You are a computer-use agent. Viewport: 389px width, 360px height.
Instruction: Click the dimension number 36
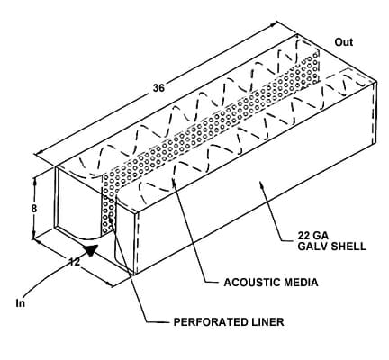coord(159,88)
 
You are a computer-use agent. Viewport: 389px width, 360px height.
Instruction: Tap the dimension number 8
coord(34,208)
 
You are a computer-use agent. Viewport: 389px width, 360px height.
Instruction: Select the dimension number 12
coord(75,262)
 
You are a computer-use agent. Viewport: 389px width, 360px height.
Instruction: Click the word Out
coord(344,42)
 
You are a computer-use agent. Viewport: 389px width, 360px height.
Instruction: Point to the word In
coord(21,303)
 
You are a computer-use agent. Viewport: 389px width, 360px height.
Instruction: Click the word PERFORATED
coord(208,322)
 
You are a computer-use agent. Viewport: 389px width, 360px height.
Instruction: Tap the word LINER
coord(265,322)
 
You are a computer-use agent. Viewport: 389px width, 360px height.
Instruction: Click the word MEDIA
coord(300,283)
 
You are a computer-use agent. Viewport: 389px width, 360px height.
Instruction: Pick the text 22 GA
coord(312,235)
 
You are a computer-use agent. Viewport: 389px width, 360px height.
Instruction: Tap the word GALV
coord(312,247)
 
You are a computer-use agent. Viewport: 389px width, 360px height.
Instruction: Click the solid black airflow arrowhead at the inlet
coord(91,250)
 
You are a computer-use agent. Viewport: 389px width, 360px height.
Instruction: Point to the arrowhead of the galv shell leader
coord(262,184)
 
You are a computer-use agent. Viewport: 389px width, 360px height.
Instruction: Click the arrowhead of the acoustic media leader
coord(174,179)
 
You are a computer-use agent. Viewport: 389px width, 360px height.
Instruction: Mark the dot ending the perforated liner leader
coord(112,221)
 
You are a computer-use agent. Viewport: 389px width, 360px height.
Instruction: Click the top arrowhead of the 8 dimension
coord(35,179)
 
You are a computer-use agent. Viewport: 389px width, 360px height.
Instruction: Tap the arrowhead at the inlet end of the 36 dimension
coord(39,154)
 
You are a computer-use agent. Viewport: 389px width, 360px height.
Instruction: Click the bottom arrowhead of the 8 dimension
coord(35,237)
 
